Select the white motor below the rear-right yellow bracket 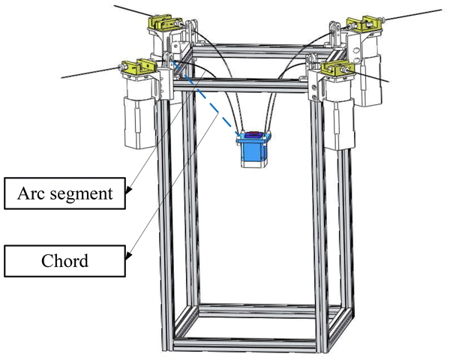click(x=367, y=75)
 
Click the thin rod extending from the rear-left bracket click(x=127, y=10)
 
